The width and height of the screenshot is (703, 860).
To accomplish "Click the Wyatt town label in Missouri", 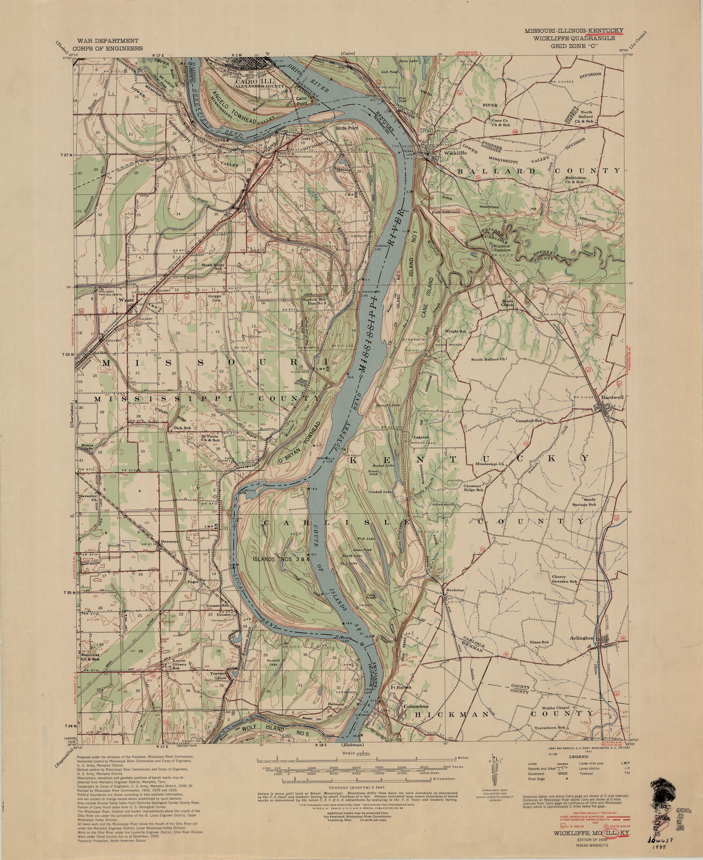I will click(125, 300).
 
